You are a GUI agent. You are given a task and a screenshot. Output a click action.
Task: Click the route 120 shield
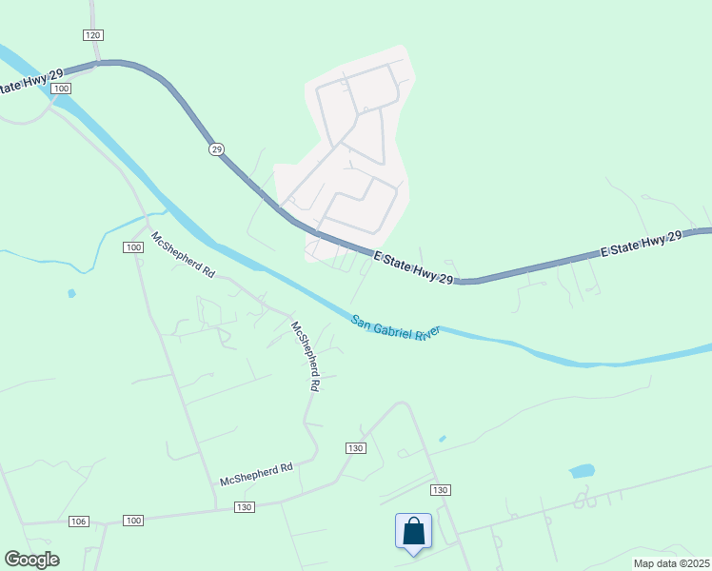point(92,35)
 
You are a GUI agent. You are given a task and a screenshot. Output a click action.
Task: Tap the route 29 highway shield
point(216,149)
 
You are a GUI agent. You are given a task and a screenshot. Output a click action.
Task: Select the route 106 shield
point(79,522)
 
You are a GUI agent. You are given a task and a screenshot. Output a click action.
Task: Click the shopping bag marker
point(414,531)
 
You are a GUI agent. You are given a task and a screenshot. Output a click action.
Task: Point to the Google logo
point(31,560)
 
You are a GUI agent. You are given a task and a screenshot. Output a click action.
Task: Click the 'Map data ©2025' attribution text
point(671,563)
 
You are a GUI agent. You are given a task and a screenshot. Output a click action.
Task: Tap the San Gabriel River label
point(396,327)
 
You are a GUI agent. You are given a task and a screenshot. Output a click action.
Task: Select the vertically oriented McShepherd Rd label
point(305,357)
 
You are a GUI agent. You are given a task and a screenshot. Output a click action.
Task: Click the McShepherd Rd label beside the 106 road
point(255,475)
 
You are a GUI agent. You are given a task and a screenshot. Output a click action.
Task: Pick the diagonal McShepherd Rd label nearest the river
point(183,254)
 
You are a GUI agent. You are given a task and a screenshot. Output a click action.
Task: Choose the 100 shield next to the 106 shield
point(133,521)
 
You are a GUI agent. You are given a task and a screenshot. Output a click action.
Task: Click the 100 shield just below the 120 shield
point(62,89)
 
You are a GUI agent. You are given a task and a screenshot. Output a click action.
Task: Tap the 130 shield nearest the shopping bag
point(439,489)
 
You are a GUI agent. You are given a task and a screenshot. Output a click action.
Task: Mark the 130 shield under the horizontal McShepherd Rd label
point(244,507)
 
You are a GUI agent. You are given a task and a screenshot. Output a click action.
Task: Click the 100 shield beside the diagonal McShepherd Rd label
point(133,247)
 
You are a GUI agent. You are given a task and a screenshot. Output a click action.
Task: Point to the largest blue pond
point(582,471)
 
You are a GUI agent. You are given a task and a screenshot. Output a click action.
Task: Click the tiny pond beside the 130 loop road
point(443,439)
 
